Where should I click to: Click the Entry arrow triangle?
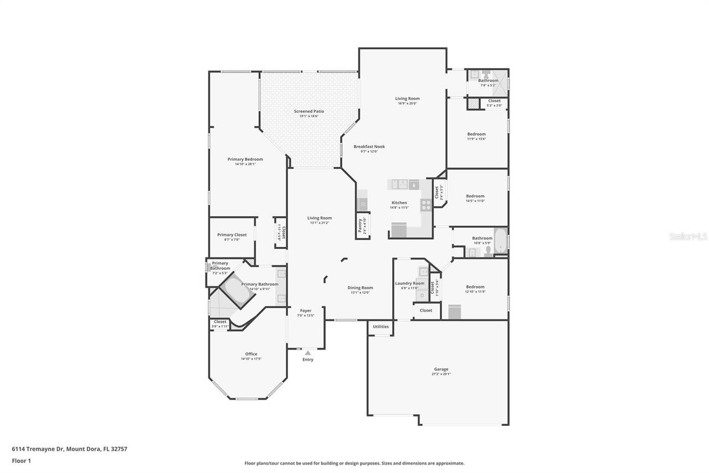[x=307, y=353]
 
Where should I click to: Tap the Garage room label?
[x=441, y=369]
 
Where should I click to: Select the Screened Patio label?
[x=309, y=111]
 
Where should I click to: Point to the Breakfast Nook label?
[x=369, y=146]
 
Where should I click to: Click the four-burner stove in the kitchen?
[x=426, y=205]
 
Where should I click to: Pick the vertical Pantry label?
[x=360, y=226]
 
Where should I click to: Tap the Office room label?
[x=251, y=354]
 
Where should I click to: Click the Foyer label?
[x=306, y=311]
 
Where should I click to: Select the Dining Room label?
[x=360, y=287]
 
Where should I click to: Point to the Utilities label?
[x=381, y=327]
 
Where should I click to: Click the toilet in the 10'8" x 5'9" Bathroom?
[x=487, y=251]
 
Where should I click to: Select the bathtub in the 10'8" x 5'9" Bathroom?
[x=500, y=240]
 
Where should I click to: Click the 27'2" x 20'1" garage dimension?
[x=441, y=374]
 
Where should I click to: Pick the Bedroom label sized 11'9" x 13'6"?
[x=476, y=134]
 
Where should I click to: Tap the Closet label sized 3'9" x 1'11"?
[x=220, y=322]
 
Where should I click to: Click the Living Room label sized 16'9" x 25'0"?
[x=407, y=99]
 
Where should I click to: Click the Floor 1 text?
[x=21, y=460]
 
